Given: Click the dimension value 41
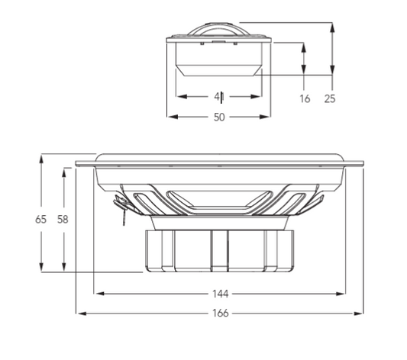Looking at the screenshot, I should point(219,97).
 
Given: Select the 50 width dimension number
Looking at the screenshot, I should point(219,117).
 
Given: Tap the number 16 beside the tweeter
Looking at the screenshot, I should point(305,98).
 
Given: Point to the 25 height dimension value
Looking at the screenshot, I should point(330,98).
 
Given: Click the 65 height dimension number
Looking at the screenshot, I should point(41,219).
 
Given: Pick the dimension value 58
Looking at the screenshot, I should point(63,219).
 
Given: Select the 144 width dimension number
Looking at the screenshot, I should point(220,293).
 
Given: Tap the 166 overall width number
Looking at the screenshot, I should point(220,313).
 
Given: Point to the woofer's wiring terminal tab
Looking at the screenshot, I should point(120,205).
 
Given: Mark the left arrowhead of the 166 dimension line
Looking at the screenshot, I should point(79,313).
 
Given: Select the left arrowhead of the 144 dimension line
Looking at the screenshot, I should point(97,293).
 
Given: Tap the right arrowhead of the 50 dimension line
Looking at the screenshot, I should point(268,117).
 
